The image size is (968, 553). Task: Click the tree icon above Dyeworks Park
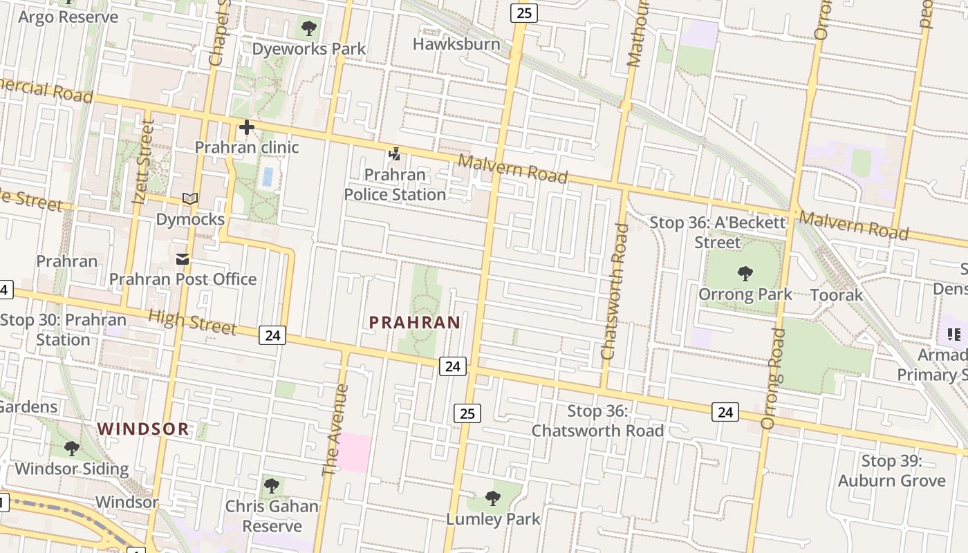pyautogui.click(x=309, y=28)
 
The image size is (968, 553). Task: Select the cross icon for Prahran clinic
pyautogui.click(x=246, y=127)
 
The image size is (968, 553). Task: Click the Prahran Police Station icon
pyautogui.click(x=394, y=154)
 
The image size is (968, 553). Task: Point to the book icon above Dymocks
pyautogui.click(x=190, y=199)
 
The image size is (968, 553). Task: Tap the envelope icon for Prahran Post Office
pyautogui.click(x=183, y=259)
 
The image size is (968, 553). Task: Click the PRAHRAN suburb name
pyautogui.click(x=415, y=323)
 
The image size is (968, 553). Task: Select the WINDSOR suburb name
pyautogui.click(x=143, y=429)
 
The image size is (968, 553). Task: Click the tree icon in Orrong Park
pyautogui.click(x=745, y=274)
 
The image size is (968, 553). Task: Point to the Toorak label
pyautogui.click(x=837, y=295)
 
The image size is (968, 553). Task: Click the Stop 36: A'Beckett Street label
pyautogui.click(x=718, y=232)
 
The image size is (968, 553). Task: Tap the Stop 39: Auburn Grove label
pyautogui.click(x=891, y=471)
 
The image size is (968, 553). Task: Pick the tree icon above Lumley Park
pyautogui.click(x=492, y=498)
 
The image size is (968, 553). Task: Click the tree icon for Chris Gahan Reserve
pyautogui.click(x=272, y=485)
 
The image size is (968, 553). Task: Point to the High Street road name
pyautogui.click(x=192, y=322)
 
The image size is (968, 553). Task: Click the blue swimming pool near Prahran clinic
pyautogui.click(x=267, y=176)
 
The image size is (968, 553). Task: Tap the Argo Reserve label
pyautogui.click(x=68, y=17)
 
